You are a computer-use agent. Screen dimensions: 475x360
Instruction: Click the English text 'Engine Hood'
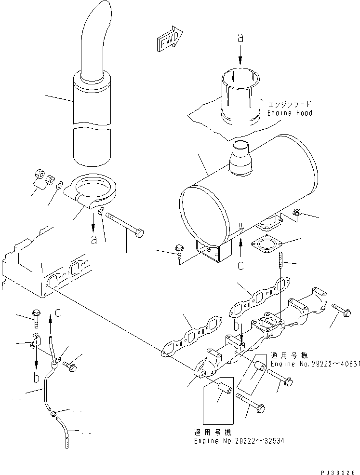[290, 113]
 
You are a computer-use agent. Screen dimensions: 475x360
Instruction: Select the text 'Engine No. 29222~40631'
[315, 363]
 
